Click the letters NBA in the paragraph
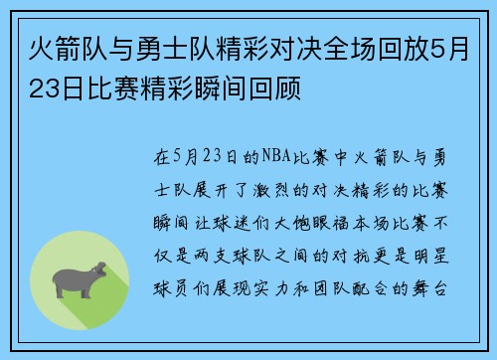coord(274,156)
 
